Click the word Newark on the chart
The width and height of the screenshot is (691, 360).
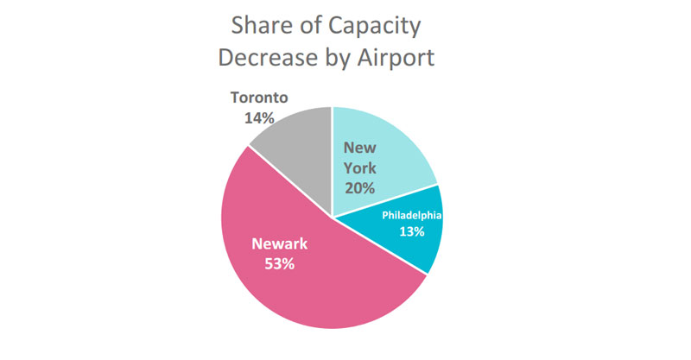279,243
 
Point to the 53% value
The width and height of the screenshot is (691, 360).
279,264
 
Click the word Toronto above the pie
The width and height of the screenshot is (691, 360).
257,98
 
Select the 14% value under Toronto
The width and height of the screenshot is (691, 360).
257,118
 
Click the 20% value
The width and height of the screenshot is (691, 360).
359,188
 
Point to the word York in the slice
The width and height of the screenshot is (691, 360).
359,167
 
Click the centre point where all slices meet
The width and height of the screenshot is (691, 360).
333,217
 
